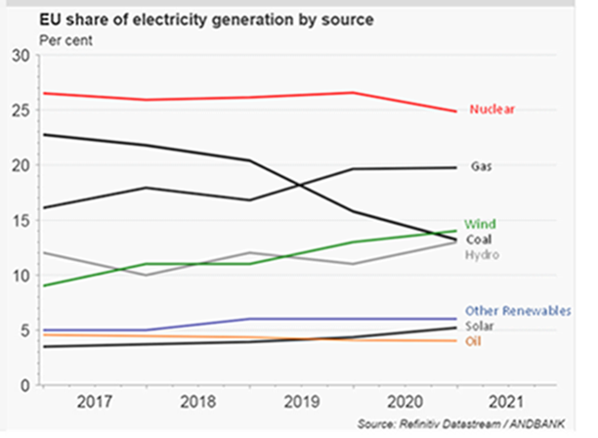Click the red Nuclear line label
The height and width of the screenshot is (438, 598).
(491, 109)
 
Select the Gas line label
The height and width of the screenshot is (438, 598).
(480, 167)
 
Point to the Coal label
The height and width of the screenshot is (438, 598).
(480, 241)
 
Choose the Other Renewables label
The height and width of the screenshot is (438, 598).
(518, 311)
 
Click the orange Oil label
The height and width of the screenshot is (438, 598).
(474, 340)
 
